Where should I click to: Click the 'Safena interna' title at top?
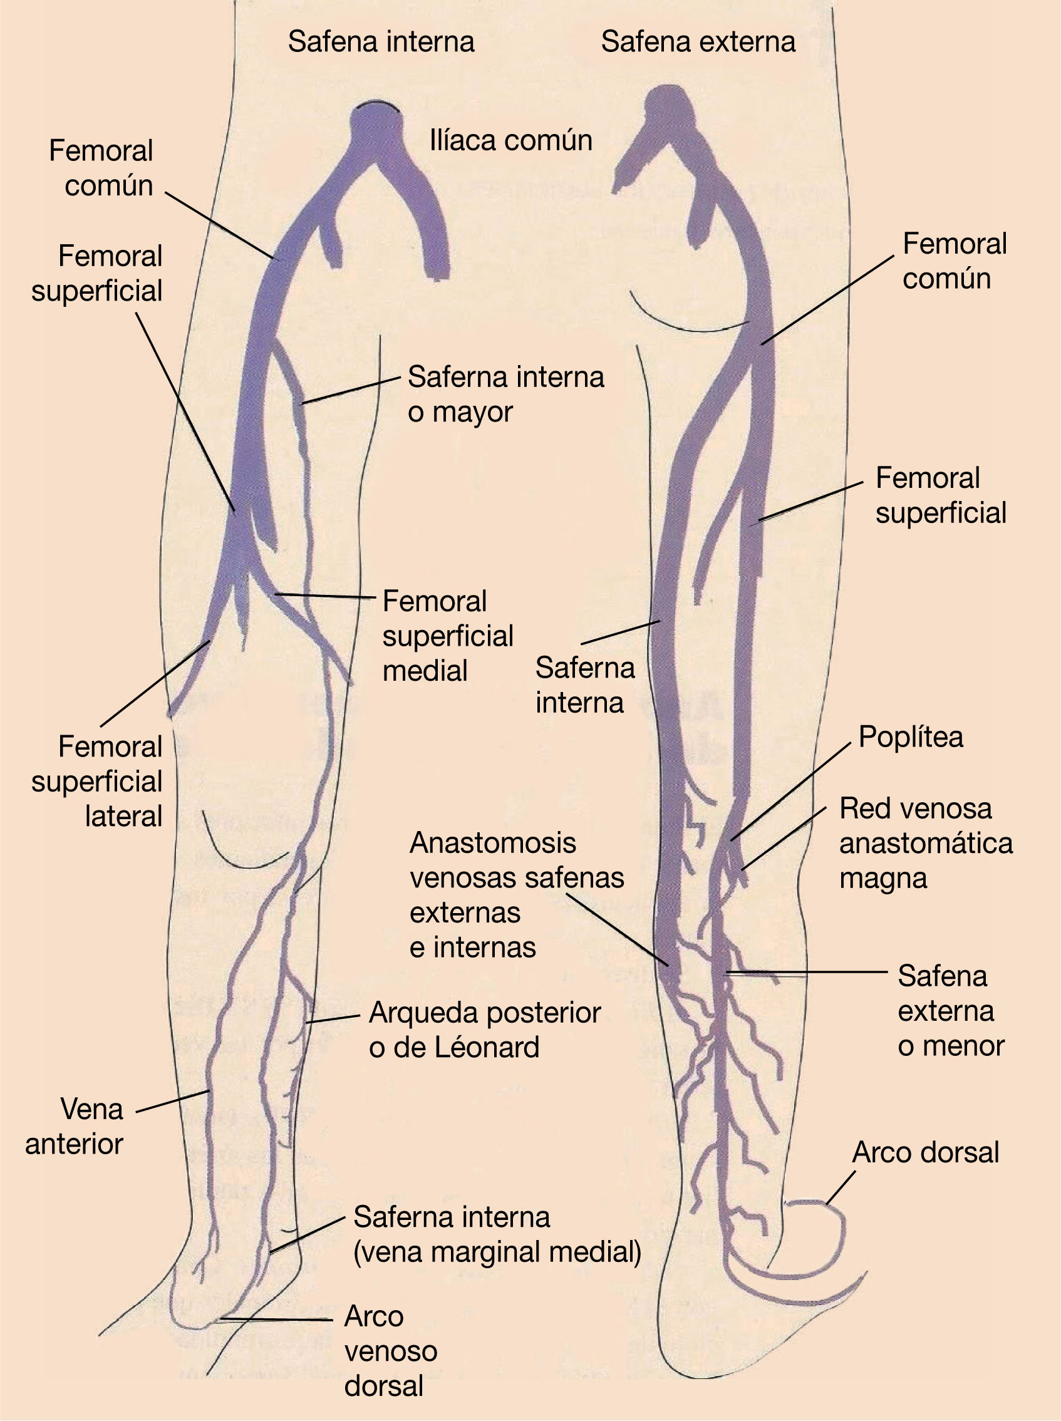381,43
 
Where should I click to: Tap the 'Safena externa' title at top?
698,43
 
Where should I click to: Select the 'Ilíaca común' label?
510,142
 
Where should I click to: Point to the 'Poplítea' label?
911,737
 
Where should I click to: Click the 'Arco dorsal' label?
926,1152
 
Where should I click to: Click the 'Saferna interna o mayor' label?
505,395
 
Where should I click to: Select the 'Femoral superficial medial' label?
448,636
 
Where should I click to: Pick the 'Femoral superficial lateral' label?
97,782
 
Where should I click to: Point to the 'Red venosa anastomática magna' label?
926,843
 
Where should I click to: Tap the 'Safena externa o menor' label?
951,1011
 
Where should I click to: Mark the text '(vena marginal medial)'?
497,1252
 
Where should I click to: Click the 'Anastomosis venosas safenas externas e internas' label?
516,895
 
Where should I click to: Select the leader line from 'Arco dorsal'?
840,1188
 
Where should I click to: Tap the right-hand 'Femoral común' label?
954,261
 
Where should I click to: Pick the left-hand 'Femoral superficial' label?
97,274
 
